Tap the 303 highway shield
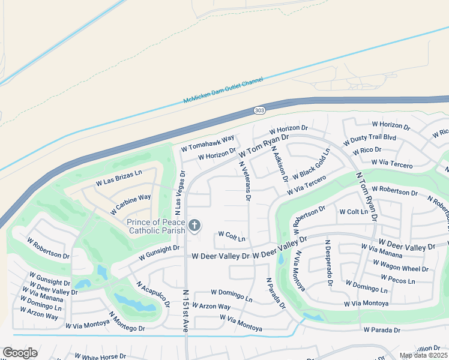tap(259, 110)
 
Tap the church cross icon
tap(194, 225)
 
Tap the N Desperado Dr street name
tap(329, 263)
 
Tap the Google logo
tap(20, 353)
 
